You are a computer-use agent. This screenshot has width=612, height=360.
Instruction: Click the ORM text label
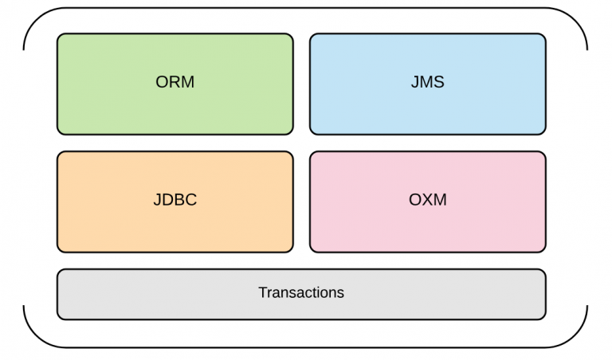[x=175, y=82]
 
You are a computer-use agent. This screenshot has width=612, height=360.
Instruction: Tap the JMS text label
[x=427, y=82]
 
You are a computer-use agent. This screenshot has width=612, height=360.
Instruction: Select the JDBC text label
[x=175, y=200]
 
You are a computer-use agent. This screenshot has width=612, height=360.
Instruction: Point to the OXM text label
[x=427, y=200]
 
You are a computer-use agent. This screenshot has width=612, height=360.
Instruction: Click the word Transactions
[x=301, y=292]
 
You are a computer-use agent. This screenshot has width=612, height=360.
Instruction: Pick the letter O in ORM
[x=163, y=82]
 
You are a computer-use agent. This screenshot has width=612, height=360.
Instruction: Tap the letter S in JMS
[x=439, y=82]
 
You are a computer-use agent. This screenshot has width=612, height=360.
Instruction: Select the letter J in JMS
[x=414, y=82]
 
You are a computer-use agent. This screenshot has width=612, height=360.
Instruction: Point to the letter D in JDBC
[x=167, y=200]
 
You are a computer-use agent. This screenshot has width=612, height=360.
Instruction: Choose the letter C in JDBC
[x=191, y=200]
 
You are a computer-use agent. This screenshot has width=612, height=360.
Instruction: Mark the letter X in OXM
[x=427, y=200]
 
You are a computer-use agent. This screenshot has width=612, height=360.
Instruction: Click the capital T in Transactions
[x=262, y=292]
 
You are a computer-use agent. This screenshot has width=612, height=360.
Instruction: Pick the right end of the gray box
[x=546, y=295]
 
